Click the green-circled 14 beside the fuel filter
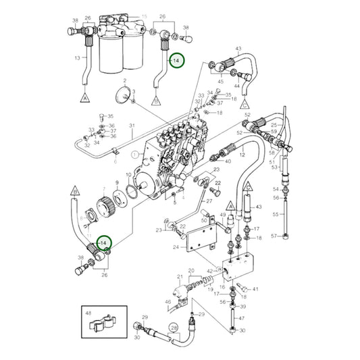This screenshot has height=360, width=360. pyautogui.click(x=176, y=61)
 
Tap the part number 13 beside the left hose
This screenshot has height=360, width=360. pyautogui.click(x=77, y=59)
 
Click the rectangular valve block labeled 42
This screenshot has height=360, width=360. pyautogui.click(x=238, y=267)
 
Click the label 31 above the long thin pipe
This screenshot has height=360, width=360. pyautogui.click(x=132, y=126)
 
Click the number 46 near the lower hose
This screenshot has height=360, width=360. pyautogui.click(x=168, y=301)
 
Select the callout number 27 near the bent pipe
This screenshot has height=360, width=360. pyautogui.click(x=209, y=201)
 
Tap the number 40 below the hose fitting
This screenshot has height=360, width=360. pyautogui.click(x=228, y=161)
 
